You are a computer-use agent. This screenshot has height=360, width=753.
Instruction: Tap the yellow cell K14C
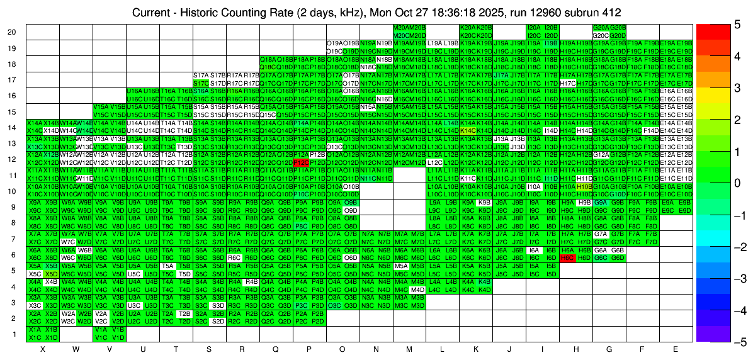pos(468,130)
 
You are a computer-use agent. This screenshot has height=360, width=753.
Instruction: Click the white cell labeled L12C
pos(434,162)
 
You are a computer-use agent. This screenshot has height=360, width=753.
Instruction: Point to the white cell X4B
pos(51,282)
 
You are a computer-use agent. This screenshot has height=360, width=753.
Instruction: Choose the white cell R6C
pos(234,258)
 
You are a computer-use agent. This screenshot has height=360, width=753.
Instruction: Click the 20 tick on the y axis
pos(12,32)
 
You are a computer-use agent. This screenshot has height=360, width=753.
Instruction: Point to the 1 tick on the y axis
pos(14,334)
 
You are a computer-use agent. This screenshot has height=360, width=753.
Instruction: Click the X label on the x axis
pos(43,349)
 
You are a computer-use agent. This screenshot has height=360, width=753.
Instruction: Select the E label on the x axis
pos(676,349)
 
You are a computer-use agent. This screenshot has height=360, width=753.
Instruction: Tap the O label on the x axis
pos(343,349)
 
